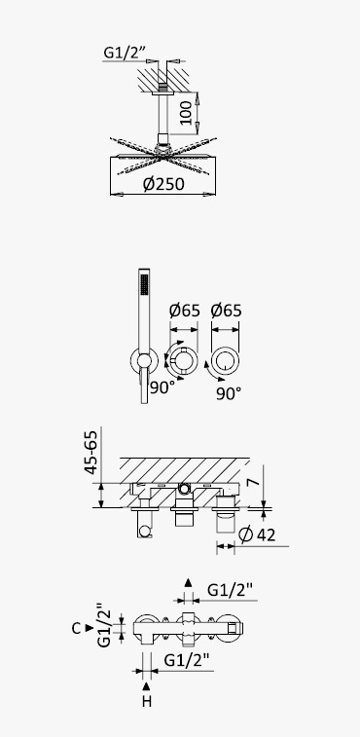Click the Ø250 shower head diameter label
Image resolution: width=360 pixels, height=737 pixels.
pos(163,184)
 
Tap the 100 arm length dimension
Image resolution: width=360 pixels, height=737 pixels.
pos(186,112)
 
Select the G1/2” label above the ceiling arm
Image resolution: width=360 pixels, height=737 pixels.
pos(123,53)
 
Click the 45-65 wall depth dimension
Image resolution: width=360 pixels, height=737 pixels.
pos(91,452)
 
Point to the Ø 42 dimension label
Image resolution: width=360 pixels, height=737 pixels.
pos(257,534)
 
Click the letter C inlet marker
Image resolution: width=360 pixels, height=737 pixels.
pos(76,628)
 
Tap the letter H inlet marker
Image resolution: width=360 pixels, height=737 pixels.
pos(147,702)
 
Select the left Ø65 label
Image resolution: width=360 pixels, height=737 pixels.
pos(184,311)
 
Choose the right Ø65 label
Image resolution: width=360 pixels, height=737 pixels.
pos(226,311)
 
